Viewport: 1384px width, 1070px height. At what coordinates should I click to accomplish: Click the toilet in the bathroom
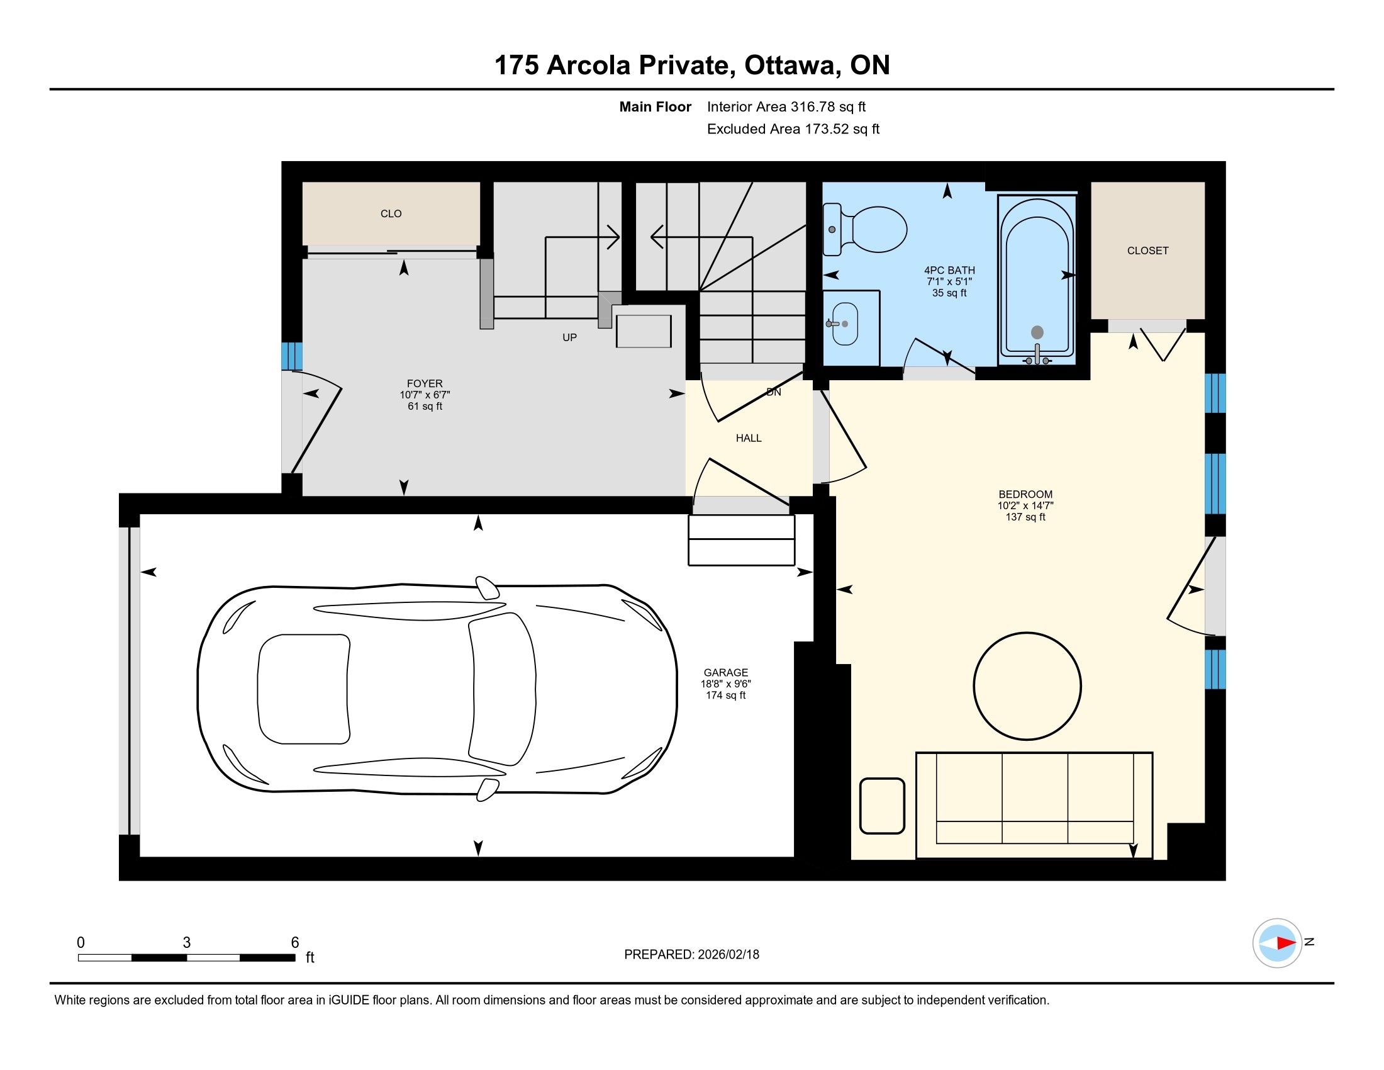[865, 230]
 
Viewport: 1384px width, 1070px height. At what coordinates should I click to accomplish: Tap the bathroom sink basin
[845, 324]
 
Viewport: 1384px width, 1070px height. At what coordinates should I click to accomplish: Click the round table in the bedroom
[1027, 686]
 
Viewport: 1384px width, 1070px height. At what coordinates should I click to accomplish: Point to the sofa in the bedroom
[1034, 805]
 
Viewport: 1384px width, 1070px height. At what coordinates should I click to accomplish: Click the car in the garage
[437, 689]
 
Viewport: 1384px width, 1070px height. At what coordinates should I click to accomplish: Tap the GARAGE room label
[725, 673]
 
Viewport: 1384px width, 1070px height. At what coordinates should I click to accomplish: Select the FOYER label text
[425, 383]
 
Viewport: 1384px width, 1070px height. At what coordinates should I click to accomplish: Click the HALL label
[749, 438]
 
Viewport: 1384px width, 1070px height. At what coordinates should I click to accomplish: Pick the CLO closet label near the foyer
[391, 213]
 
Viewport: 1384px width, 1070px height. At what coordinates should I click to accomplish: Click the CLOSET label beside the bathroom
[1147, 251]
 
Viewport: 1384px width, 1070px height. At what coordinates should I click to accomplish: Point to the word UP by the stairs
[570, 337]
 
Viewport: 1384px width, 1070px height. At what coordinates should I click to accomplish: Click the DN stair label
[774, 391]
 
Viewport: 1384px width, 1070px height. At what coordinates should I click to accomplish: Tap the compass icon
[1277, 943]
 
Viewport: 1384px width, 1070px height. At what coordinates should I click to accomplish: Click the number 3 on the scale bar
[186, 943]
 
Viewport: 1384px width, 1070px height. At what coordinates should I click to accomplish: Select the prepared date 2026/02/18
[728, 954]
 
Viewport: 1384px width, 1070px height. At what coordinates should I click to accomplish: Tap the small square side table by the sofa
[881, 806]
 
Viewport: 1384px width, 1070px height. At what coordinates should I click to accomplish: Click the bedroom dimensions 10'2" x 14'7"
[1025, 505]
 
